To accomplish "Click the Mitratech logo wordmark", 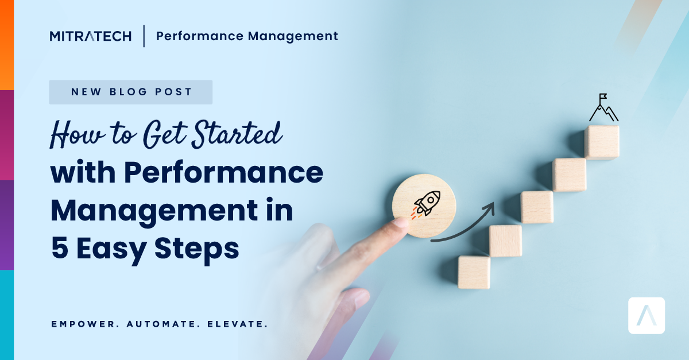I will point(90,36).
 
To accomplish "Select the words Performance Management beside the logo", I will point(247,36).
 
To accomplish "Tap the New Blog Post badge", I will point(131,92).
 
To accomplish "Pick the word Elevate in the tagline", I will point(234,324).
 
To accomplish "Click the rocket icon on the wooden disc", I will point(426,204).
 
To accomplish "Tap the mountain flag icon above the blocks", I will point(603,108).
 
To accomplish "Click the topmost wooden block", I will point(602,142).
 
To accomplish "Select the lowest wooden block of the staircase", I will point(474,272).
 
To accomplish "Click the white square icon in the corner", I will point(647,315).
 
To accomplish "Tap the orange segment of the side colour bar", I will point(6,45).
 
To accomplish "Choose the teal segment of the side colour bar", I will point(6,315).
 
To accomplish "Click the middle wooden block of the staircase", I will point(537,207).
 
